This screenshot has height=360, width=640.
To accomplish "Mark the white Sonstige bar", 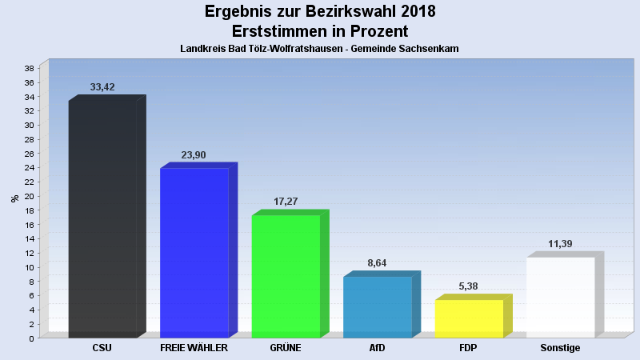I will (x=560, y=297).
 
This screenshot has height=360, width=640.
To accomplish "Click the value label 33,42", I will (x=102, y=87).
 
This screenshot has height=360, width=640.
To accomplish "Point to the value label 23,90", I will (x=194, y=155).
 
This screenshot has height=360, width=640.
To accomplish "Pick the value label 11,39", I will (x=560, y=244).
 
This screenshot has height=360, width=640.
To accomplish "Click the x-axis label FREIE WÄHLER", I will (x=194, y=349).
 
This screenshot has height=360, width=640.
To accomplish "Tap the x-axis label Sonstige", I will (x=560, y=349).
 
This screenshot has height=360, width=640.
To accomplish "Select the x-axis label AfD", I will (x=377, y=349).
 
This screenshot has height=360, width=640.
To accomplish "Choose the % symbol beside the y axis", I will (x=14, y=198).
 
